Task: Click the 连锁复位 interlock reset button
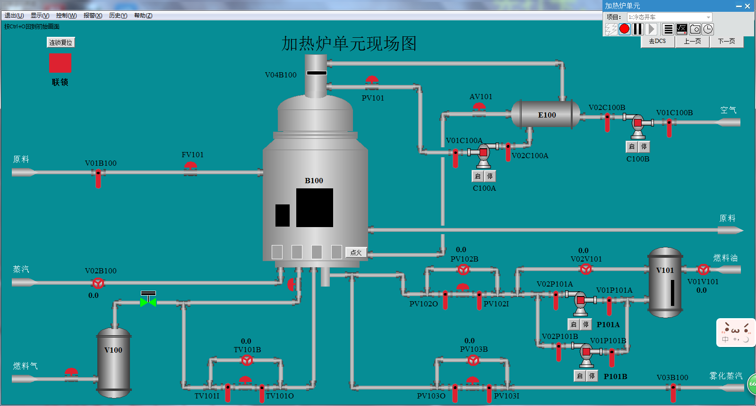tap(60, 42)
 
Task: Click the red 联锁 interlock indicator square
tap(60, 63)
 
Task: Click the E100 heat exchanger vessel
tap(546, 114)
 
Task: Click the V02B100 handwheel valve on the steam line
tap(98, 283)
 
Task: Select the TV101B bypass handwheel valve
tap(247, 361)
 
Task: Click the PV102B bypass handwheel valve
tap(464, 270)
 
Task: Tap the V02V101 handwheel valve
tap(586, 270)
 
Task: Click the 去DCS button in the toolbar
tap(657, 42)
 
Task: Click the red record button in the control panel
tap(625, 29)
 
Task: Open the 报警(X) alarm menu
tap(93, 16)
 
